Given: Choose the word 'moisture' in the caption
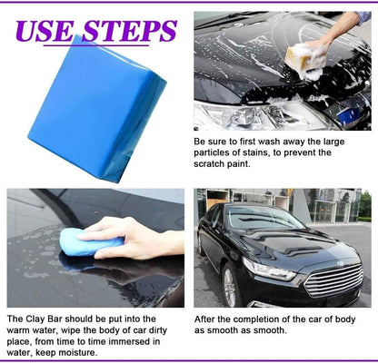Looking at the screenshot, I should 89,352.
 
